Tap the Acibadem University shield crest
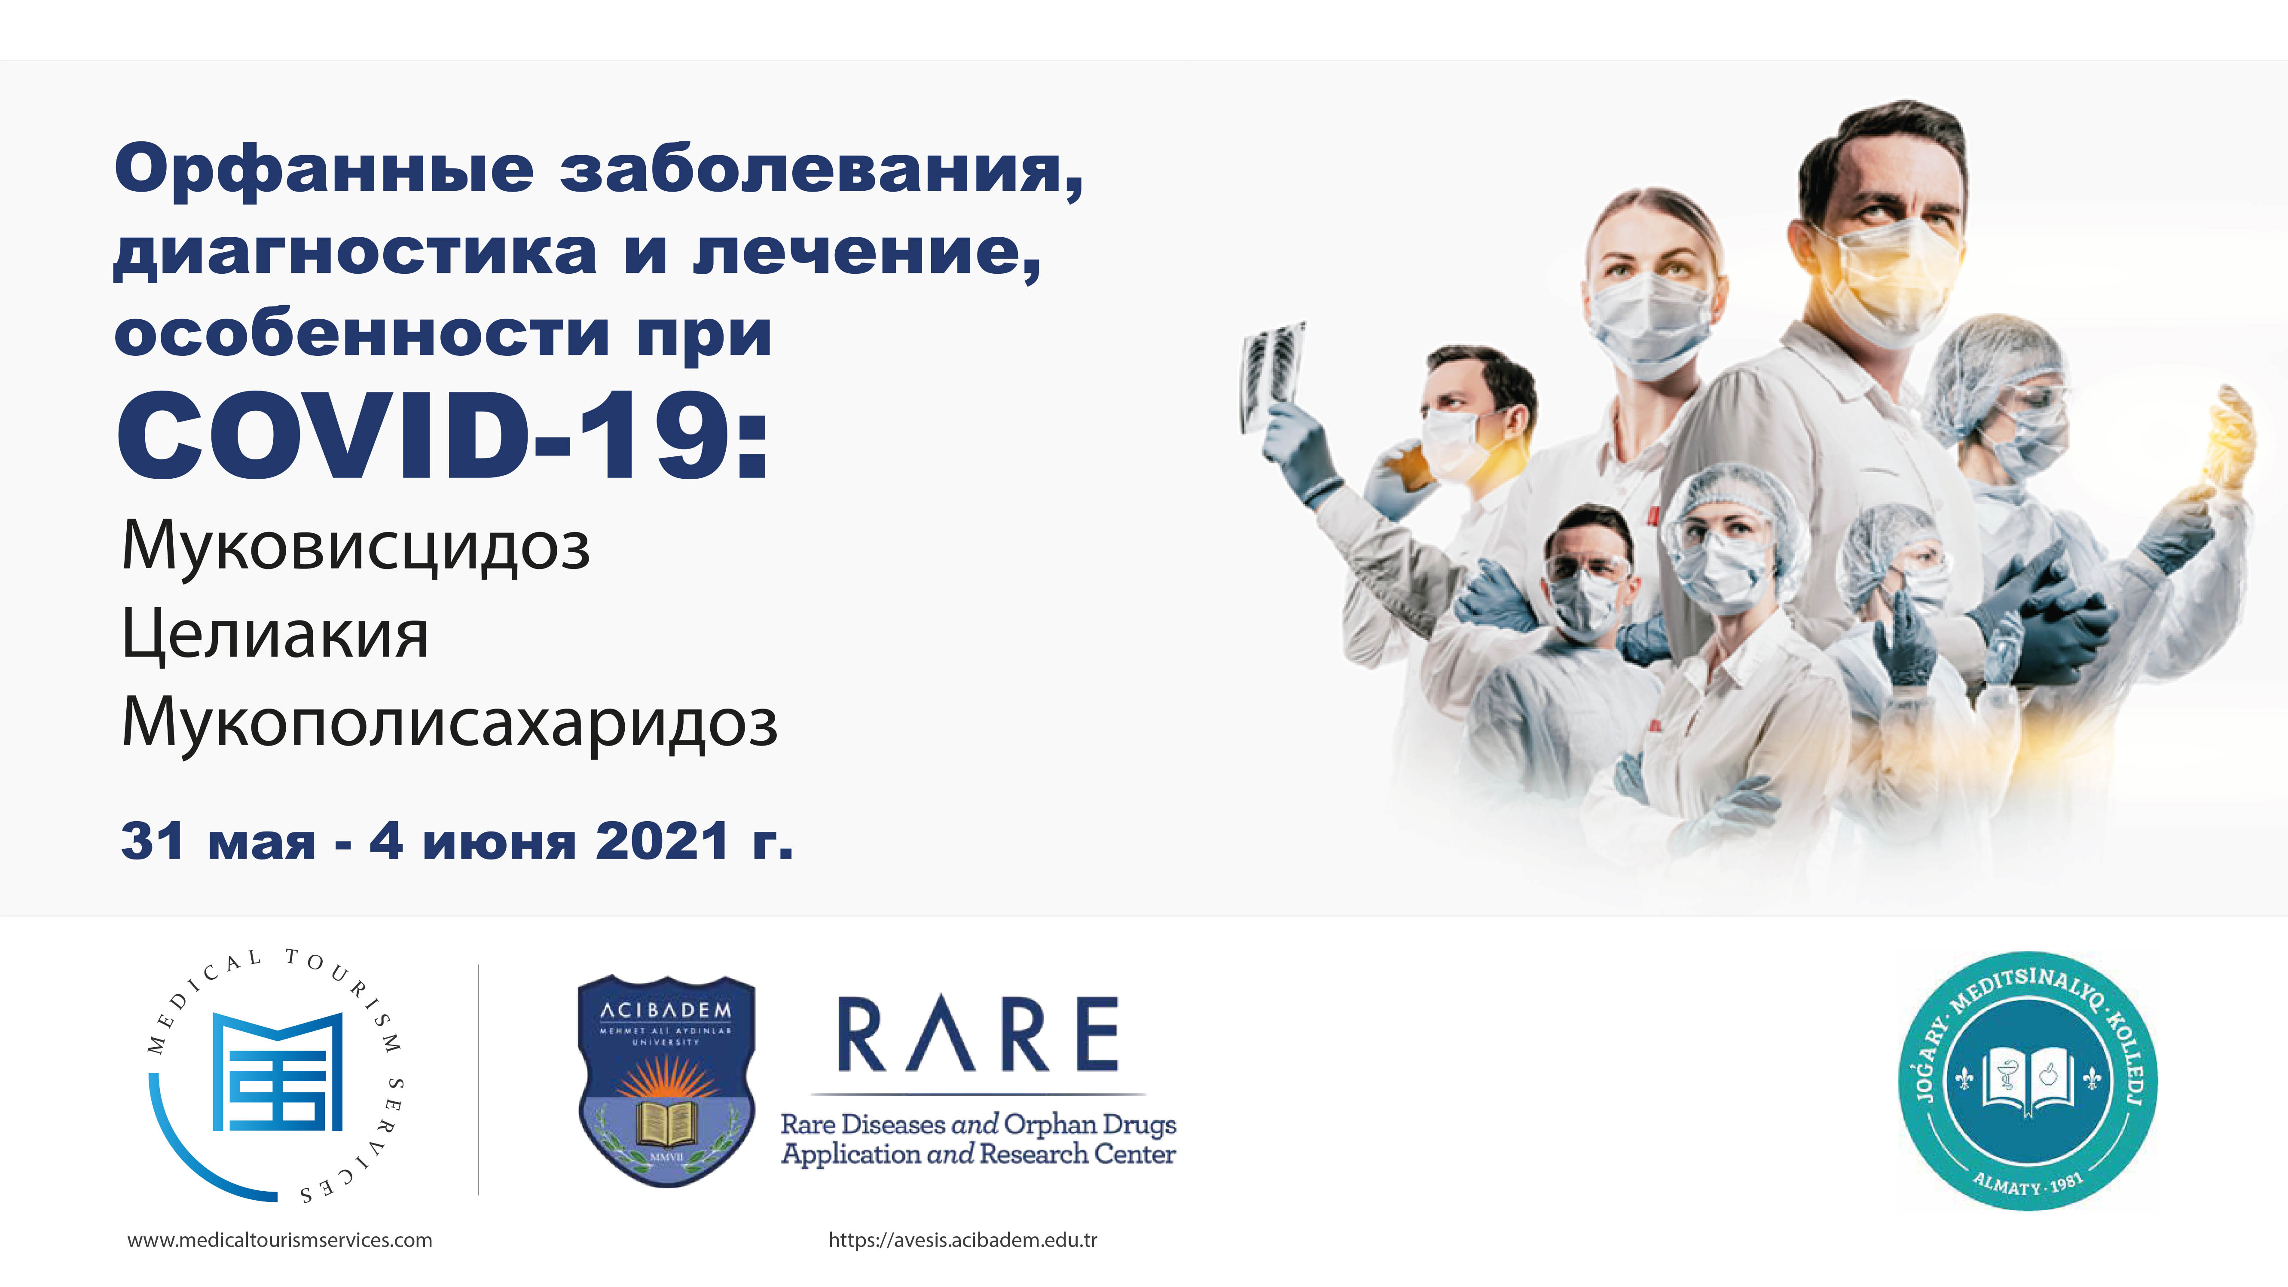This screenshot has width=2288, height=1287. pos(666,1081)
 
